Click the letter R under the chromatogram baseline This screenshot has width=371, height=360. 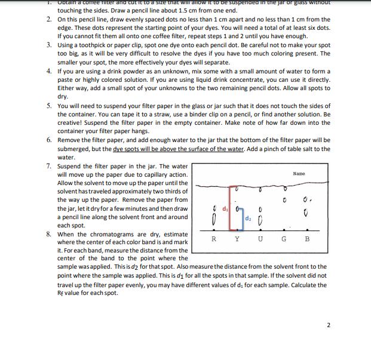click(213, 239)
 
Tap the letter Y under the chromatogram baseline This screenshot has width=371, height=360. click(237, 239)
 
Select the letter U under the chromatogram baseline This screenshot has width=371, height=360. click(260, 239)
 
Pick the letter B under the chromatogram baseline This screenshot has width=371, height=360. click(307, 239)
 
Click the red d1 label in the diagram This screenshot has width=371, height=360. click(225, 208)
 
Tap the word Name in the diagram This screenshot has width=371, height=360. click(299, 174)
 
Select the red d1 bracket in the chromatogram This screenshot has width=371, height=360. click(229, 207)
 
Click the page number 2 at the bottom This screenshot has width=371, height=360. click(328, 325)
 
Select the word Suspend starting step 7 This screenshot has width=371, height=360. click(71, 166)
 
